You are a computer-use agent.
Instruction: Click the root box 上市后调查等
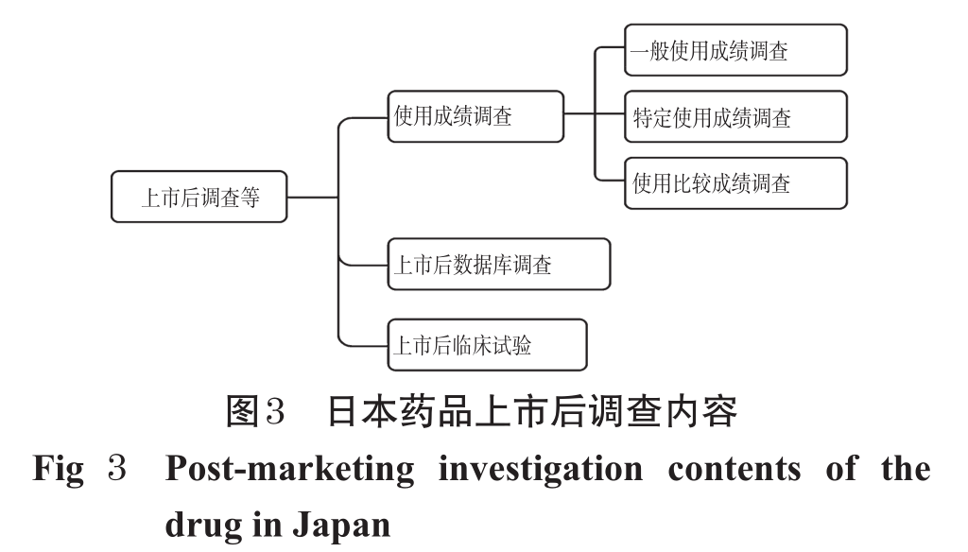(x=199, y=198)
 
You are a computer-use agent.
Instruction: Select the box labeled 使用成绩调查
(x=475, y=116)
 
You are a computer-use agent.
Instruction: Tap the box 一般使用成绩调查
(x=736, y=50)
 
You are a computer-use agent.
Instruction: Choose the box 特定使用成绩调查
(x=736, y=116)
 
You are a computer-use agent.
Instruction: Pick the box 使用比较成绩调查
(x=736, y=183)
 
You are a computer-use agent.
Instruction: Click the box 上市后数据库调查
(x=498, y=265)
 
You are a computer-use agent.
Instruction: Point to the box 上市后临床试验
(x=487, y=345)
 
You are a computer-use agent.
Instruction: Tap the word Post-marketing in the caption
(x=280, y=470)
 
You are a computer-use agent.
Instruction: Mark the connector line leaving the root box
(x=312, y=198)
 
